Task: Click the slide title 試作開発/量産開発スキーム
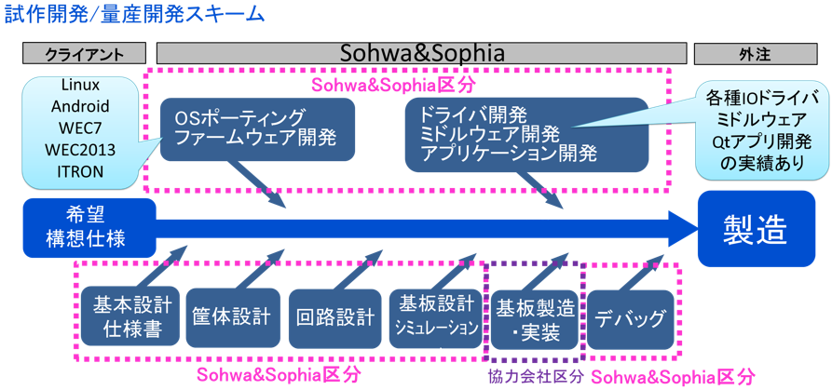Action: (x=134, y=16)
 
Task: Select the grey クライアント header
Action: (x=84, y=54)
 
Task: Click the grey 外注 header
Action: (x=754, y=54)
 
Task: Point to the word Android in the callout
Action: (x=82, y=105)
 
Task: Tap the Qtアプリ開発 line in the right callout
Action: (x=761, y=141)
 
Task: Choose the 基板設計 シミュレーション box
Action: (x=436, y=316)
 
